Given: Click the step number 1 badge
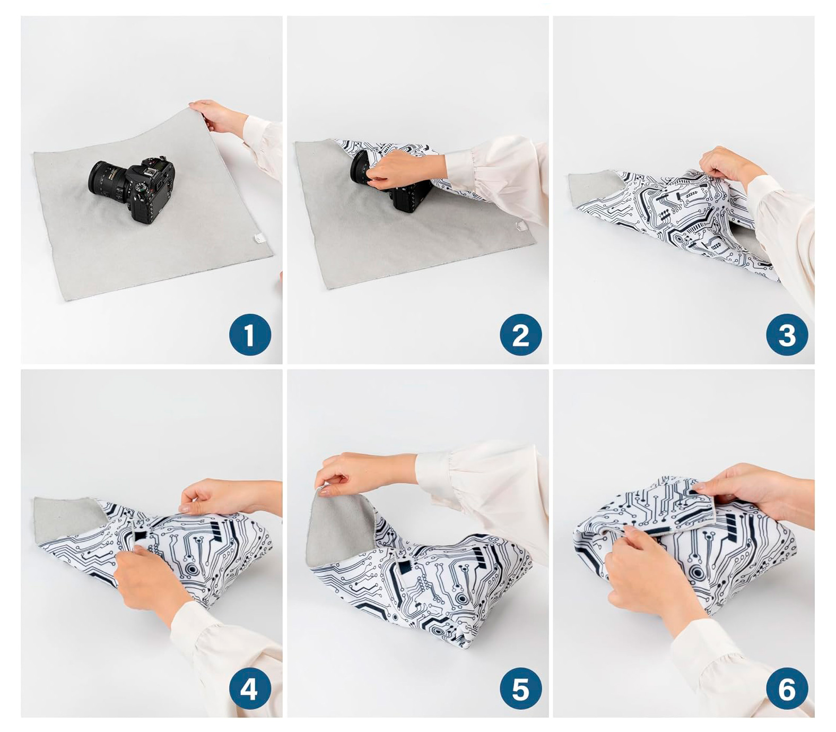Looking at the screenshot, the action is pyautogui.click(x=250, y=335).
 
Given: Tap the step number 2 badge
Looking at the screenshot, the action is pyautogui.click(x=521, y=335).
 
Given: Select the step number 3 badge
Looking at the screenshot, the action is pyautogui.click(x=787, y=335).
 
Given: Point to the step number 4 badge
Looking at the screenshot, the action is pyautogui.click(x=250, y=688).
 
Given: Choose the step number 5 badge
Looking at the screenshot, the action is pyautogui.click(x=521, y=688).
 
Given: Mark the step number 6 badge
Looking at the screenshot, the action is pyautogui.click(x=787, y=688).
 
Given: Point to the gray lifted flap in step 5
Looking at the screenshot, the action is pyautogui.click(x=339, y=528).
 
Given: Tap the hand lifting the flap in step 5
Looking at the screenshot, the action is pyautogui.click(x=366, y=472).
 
